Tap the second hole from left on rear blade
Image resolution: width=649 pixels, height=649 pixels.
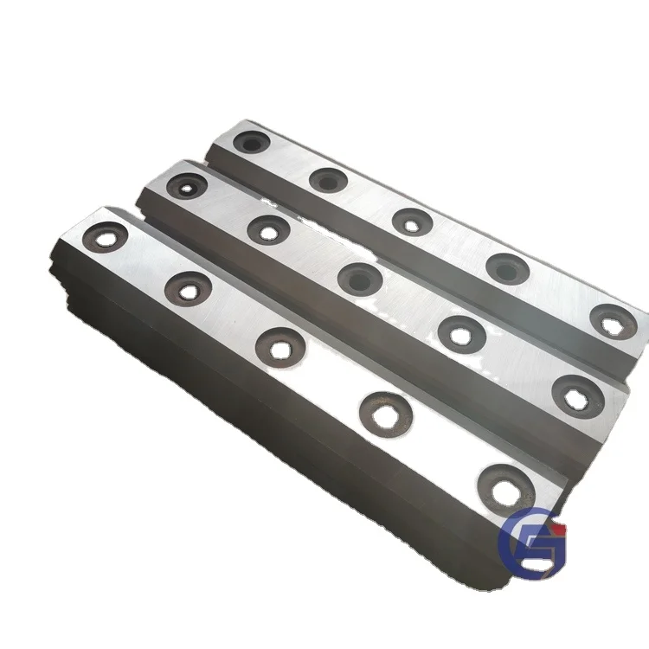329,180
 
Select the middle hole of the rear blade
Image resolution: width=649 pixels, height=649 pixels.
412,222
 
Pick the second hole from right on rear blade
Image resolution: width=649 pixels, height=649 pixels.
507,269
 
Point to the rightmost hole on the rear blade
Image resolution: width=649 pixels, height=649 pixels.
614,321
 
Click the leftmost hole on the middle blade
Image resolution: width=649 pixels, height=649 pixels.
189,184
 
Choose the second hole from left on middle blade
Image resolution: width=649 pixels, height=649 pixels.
268,230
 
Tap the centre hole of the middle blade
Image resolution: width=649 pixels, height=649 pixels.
359,279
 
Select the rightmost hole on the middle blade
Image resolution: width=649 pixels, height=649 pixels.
577,394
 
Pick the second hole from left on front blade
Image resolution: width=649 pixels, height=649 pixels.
187,286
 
